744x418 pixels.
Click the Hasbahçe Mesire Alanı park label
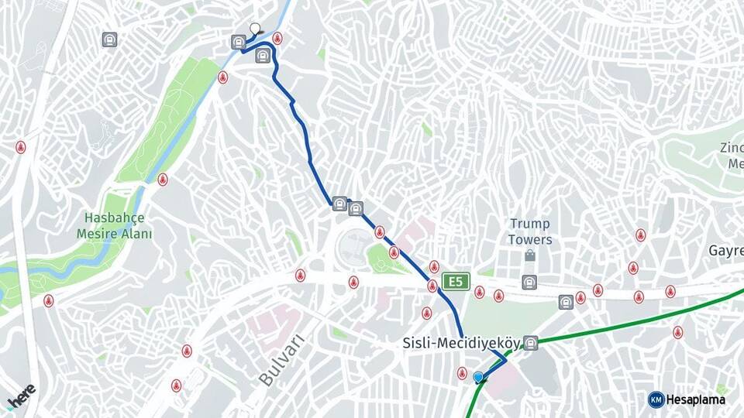[115, 225]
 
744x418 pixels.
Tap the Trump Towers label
[530, 231]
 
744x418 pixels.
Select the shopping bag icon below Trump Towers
[530, 255]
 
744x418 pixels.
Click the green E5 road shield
[456, 282]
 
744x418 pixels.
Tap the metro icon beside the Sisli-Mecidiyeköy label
[530, 342]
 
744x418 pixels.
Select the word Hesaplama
[695, 399]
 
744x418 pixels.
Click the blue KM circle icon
[656, 399]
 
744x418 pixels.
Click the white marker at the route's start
[255, 29]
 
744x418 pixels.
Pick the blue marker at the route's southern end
[478, 378]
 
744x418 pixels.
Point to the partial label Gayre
[726, 251]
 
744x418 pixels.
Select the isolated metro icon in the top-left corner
[110, 39]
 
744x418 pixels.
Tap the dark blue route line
[310, 155]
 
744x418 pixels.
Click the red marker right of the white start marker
[277, 38]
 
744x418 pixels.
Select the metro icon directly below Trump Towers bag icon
[529, 282]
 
